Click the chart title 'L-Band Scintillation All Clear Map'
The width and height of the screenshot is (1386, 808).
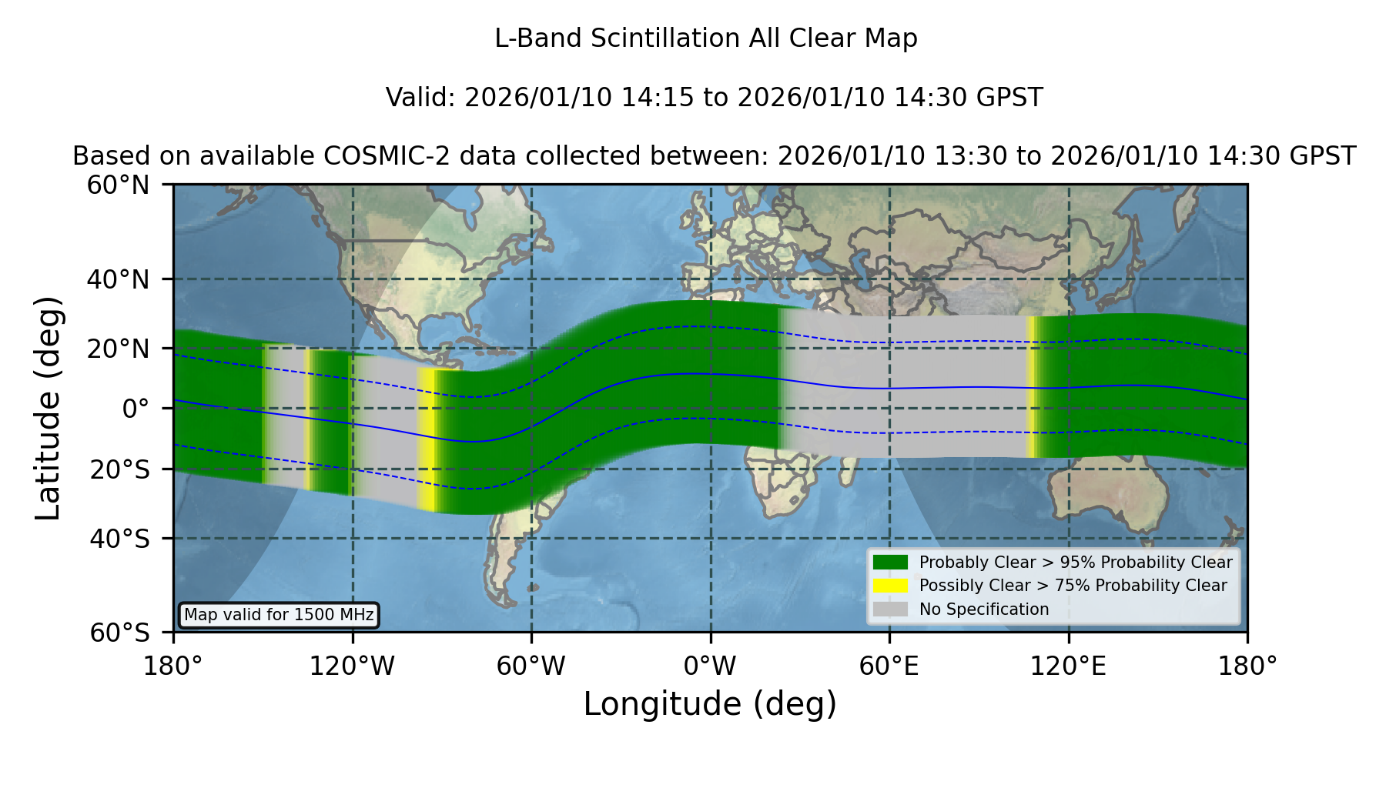[x=705, y=38]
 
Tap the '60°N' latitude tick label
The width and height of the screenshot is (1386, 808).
[x=118, y=185]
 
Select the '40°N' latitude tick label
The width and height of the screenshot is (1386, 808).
[x=118, y=279]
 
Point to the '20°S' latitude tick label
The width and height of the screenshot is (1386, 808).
[x=119, y=469]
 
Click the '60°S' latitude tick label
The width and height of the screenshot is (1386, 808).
[x=119, y=633]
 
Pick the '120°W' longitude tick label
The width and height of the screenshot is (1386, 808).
[x=352, y=666]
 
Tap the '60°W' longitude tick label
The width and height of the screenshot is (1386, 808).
[x=531, y=666]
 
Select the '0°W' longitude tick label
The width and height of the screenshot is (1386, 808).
[x=710, y=666]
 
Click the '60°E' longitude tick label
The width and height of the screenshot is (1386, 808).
[x=889, y=666]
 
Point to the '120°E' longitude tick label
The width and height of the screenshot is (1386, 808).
[x=1068, y=666]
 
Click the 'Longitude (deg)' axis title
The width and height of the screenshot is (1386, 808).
[x=710, y=704]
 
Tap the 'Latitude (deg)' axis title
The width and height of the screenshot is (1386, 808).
[x=48, y=408]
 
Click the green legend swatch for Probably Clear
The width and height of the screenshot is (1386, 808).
[x=890, y=563]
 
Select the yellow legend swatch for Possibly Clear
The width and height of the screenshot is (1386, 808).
[x=890, y=586]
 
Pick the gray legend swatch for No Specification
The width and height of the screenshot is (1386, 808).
[x=890, y=609]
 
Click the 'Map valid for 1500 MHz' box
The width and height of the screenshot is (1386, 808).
[x=279, y=615]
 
